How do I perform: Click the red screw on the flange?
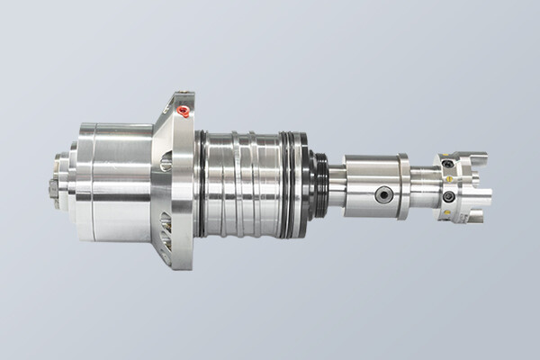[x=184, y=112]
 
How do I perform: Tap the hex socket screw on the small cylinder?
[x=384, y=194]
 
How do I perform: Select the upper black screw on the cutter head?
[x=447, y=164]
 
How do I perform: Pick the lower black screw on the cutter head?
[x=448, y=196]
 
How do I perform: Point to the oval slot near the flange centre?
[x=166, y=162]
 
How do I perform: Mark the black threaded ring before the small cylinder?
[x=320, y=184]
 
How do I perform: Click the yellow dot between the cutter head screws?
[x=448, y=179]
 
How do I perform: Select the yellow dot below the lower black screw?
[x=450, y=213]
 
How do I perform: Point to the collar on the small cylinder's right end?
[x=405, y=186]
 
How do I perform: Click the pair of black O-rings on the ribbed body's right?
[x=293, y=184]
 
